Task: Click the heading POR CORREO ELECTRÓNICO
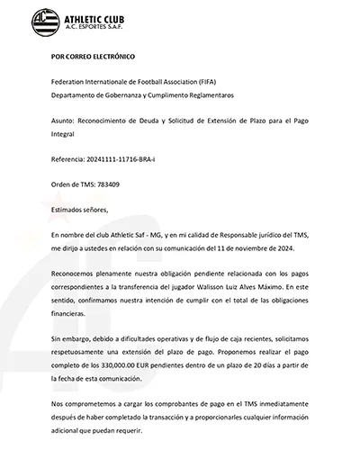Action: click(93, 56)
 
